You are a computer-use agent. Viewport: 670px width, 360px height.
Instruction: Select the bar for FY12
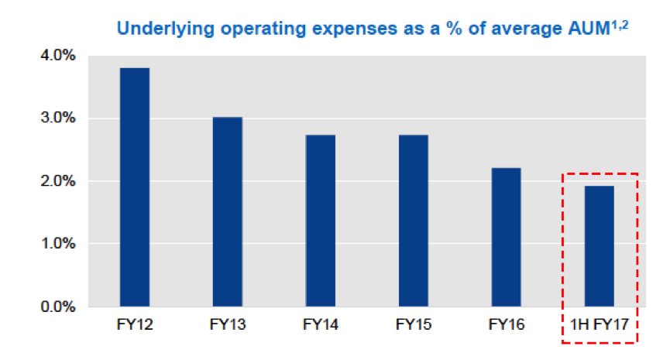point(134,187)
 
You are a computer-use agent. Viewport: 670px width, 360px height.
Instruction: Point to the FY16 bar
point(506,237)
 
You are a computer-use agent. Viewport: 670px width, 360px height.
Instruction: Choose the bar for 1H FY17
point(599,246)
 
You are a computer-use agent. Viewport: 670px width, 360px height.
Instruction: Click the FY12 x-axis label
point(134,326)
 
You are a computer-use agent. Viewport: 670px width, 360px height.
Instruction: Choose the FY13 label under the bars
point(227,326)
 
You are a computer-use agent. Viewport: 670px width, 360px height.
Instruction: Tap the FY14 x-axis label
point(320,326)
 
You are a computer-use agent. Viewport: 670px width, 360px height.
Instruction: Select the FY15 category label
point(413,326)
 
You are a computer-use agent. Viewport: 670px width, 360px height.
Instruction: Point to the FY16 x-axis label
point(506,326)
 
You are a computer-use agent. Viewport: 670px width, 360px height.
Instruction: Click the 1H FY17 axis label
point(599,326)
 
